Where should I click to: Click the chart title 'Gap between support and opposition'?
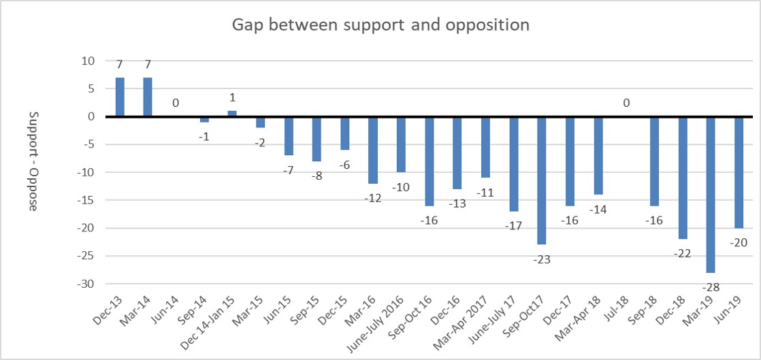[380, 26]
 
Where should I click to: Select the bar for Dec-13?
[120, 97]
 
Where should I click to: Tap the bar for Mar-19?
[711, 194]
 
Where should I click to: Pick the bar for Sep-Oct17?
[542, 180]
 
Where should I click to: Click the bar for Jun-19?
[739, 172]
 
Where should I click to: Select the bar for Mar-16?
[373, 150]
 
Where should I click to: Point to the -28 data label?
[711, 287]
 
